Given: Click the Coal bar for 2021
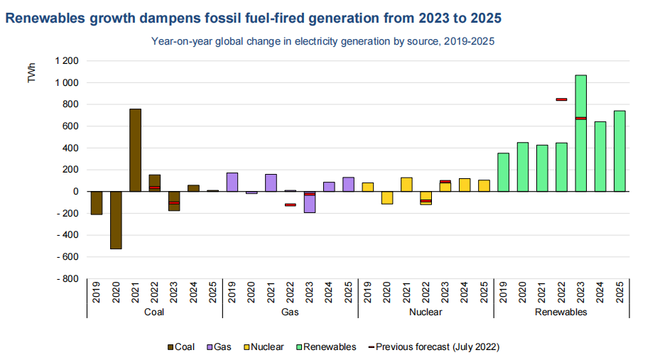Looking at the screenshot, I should point(135,150).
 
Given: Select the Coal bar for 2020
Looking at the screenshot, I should point(116,220).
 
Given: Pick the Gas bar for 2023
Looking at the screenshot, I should point(309,202).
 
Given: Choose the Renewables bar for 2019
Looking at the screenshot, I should point(503,172).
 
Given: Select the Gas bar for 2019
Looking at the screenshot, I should point(232,182).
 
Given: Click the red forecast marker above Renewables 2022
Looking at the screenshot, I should point(561,99).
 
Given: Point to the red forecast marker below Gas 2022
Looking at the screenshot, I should point(290,204).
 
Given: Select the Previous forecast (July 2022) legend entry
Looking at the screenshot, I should point(433,347).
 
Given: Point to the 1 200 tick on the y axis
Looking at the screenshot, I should point(66,61).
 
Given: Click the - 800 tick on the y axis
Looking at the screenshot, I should point(66,278).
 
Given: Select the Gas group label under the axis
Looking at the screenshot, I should point(290,312).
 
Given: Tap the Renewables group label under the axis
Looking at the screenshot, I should point(560,312).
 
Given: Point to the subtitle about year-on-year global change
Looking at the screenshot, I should point(323,41).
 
